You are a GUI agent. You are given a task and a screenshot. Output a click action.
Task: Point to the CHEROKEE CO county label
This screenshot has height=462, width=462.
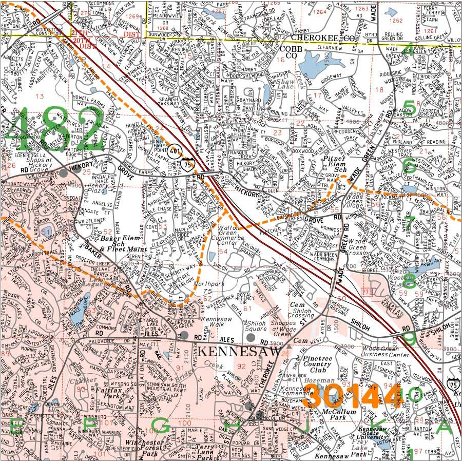(322, 38)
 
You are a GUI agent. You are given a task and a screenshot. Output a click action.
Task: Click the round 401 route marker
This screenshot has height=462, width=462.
(177, 152)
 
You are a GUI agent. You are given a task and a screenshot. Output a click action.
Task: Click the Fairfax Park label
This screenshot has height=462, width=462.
(108, 394)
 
